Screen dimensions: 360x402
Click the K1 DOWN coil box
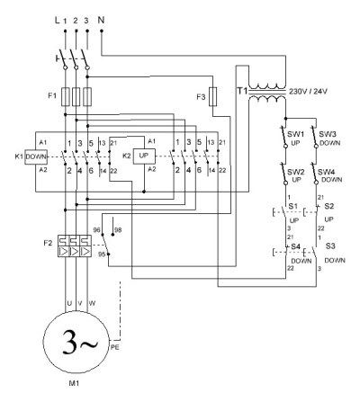(x=36, y=156)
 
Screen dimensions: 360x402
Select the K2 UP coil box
(x=144, y=156)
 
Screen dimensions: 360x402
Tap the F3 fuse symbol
(x=212, y=96)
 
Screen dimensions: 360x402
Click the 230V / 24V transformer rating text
(x=308, y=92)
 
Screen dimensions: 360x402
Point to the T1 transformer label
(x=242, y=91)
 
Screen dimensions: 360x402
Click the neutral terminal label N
(x=101, y=20)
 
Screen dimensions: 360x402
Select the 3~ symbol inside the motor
(x=80, y=343)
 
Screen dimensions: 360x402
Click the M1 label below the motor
(x=74, y=383)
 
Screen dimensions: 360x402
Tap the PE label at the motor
(x=115, y=347)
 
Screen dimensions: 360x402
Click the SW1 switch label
(x=295, y=134)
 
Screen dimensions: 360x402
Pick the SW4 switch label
(x=326, y=172)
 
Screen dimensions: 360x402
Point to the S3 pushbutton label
(x=330, y=246)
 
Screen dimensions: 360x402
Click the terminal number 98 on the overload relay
(x=118, y=230)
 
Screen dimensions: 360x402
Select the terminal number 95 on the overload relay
(x=102, y=255)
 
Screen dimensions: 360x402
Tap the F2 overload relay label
(x=48, y=243)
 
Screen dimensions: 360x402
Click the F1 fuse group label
(x=52, y=96)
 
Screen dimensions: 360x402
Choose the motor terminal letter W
(x=92, y=303)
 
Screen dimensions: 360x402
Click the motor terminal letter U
(x=69, y=303)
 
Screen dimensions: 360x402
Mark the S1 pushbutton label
(x=293, y=206)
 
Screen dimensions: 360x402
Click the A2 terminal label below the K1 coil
(x=43, y=170)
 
